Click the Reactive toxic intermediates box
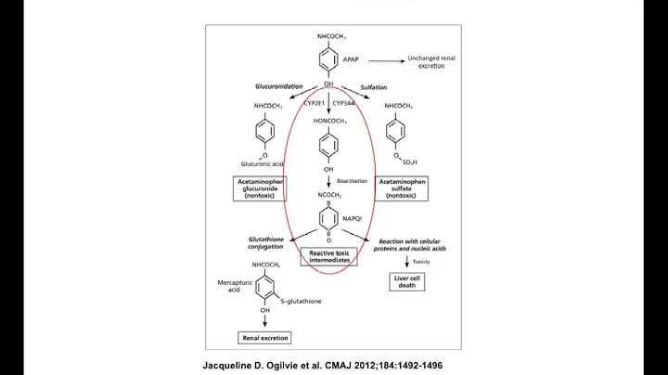coord(331,257)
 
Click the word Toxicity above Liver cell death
coord(421,261)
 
